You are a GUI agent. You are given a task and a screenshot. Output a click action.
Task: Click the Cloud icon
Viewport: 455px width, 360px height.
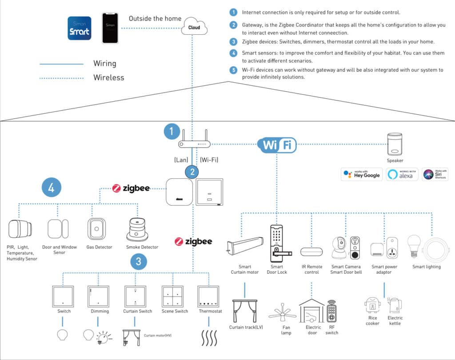click(194, 26)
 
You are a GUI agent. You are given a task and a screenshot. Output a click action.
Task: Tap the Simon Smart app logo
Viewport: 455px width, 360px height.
click(80, 28)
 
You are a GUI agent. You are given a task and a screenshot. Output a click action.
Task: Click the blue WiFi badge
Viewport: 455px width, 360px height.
click(277, 144)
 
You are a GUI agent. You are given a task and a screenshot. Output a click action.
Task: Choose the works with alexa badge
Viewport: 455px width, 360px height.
click(402, 174)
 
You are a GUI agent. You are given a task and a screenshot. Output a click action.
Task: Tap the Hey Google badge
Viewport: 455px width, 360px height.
click(361, 174)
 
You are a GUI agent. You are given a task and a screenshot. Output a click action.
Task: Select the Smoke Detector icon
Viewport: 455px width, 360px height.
click(138, 229)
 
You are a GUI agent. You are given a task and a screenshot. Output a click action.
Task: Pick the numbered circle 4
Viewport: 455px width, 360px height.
click(51, 188)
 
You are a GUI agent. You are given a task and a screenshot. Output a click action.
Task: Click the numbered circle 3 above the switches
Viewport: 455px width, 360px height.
click(139, 262)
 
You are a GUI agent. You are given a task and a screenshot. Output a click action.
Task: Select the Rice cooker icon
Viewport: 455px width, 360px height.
click(372, 305)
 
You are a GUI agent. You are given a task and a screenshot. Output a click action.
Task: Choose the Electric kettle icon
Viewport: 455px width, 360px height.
click(395, 305)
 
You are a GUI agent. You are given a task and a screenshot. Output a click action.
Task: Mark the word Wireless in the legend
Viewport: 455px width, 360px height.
click(108, 78)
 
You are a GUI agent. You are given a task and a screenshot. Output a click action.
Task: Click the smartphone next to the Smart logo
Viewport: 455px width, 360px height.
click(110, 28)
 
